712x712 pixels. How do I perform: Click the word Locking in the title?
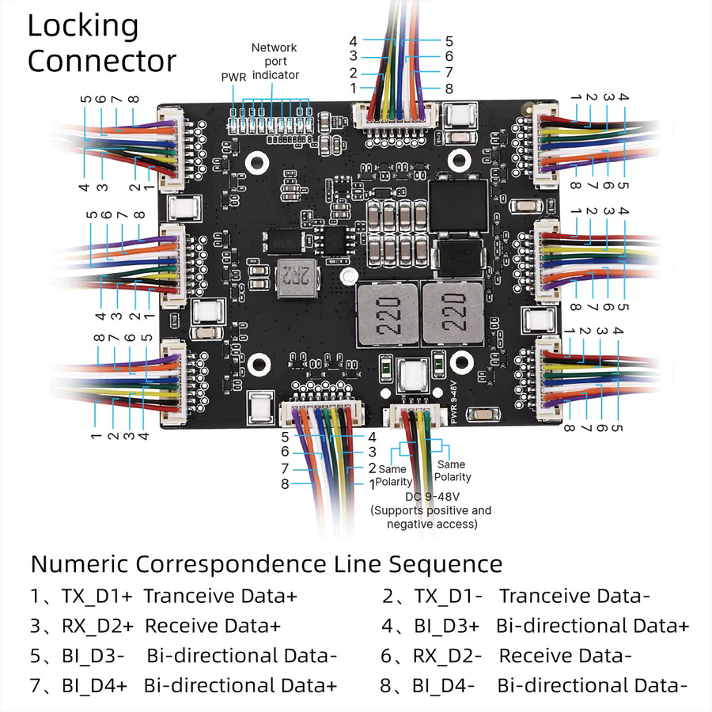[83, 27]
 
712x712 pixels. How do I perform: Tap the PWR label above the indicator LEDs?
[233, 78]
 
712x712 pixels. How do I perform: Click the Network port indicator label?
[275, 61]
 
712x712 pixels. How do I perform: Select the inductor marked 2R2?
[297, 278]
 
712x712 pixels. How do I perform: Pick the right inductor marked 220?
[453, 312]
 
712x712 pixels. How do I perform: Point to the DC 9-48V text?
[432, 496]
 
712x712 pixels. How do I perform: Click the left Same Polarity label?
[394, 475]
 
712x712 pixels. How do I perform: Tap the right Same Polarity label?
[453, 471]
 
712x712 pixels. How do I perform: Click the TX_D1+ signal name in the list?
[97, 596]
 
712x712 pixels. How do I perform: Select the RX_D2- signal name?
[447, 656]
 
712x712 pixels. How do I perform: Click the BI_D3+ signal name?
[447, 627]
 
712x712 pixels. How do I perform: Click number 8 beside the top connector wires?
[449, 89]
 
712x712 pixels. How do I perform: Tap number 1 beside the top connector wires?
[354, 89]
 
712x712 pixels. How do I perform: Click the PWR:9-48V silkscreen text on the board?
[456, 403]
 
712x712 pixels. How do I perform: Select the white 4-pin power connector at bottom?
[415, 416]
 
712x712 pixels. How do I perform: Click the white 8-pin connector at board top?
[395, 117]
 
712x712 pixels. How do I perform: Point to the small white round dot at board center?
[349, 275]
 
